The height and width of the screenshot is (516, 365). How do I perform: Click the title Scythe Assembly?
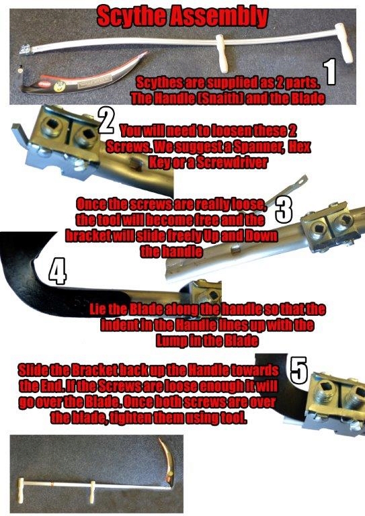tap(183, 16)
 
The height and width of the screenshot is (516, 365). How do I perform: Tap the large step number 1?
tap(330, 71)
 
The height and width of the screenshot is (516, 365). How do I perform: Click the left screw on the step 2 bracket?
tap(53, 127)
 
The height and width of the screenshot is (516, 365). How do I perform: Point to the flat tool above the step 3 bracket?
tap(286, 190)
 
